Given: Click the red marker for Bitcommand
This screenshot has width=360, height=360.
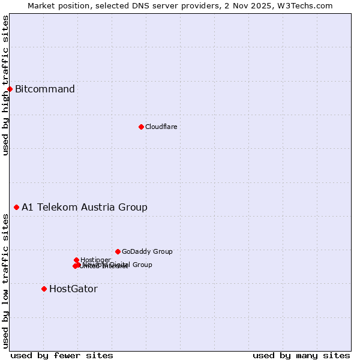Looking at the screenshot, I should (x=10, y=89).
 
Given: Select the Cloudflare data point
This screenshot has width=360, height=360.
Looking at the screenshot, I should (x=141, y=127).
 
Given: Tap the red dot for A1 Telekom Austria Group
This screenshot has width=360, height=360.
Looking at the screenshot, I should (x=16, y=207).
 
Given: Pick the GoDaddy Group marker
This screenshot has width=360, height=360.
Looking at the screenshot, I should (x=118, y=251).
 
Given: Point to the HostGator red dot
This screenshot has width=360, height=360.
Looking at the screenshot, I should (x=44, y=289).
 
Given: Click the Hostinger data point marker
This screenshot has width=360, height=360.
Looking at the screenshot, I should (x=76, y=260).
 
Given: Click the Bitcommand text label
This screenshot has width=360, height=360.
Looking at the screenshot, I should (x=45, y=89).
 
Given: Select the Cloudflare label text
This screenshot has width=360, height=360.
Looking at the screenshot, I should (x=161, y=127).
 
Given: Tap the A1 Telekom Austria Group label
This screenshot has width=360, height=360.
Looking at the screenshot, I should (x=85, y=208).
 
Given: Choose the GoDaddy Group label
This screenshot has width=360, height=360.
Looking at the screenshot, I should (x=147, y=251).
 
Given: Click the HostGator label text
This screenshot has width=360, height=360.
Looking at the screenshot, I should (x=73, y=289).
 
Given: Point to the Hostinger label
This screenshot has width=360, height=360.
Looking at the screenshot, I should (x=95, y=260).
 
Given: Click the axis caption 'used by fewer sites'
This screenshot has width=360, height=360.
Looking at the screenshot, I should (x=62, y=355).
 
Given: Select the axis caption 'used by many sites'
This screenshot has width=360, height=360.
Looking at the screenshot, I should (x=301, y=355).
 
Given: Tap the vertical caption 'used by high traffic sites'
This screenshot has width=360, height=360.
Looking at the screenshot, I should (x=5, y=85).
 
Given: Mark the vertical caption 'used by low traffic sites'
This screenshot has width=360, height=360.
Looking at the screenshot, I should (x=5, y=281).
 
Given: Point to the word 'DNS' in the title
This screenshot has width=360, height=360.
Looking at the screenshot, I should (x=156, y=5).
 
